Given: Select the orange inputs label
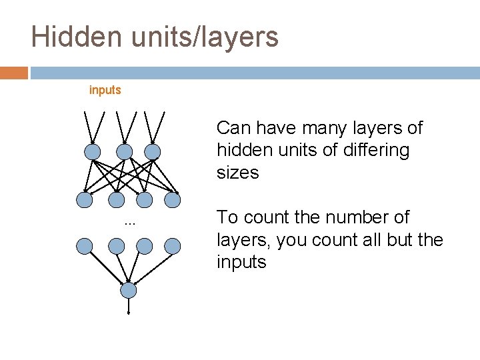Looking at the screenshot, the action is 105,90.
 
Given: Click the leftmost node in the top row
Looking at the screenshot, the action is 93,152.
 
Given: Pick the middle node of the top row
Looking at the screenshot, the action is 123,152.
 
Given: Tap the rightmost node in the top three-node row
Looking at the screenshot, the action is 153,152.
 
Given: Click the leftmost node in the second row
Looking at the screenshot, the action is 84,199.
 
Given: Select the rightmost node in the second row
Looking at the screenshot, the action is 173,199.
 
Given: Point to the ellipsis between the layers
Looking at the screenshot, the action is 129,223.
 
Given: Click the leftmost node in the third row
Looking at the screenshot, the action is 84,247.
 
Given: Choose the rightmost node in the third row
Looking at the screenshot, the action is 173,247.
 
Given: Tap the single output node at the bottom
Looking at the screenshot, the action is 129,291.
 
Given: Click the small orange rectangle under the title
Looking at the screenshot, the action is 14,72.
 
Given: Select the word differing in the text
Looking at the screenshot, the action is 374,150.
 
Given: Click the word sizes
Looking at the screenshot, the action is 237,173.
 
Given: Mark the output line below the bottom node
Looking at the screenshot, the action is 129,306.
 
